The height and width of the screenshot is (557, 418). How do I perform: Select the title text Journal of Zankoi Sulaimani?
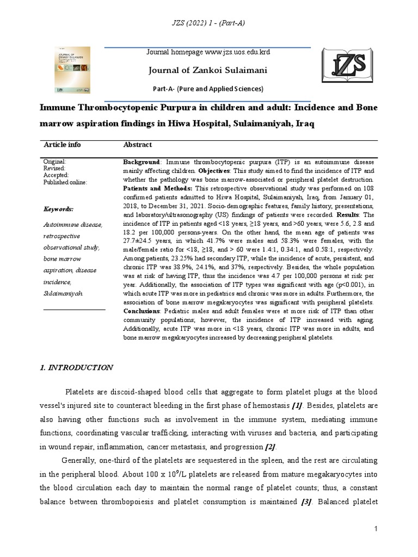206,70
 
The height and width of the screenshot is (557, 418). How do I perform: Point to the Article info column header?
62,145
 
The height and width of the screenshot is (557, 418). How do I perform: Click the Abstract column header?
138,145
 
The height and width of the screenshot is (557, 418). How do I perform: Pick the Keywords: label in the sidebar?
58,209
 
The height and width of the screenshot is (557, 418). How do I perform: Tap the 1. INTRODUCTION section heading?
76,368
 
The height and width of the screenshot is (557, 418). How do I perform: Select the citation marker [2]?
271,447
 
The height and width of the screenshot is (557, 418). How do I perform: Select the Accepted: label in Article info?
56,176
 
